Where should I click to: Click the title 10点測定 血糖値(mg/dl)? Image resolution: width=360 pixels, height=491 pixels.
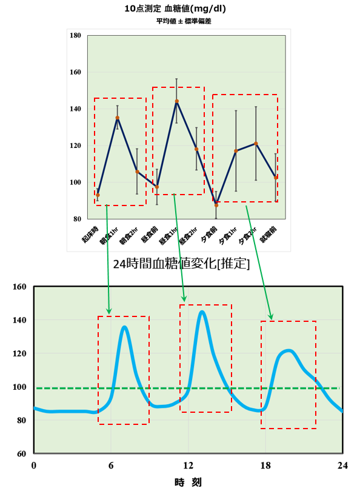(175, 8)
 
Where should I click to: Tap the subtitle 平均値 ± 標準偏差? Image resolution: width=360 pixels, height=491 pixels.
(184, 21)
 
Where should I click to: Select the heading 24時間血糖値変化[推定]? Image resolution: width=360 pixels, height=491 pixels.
(181, 264)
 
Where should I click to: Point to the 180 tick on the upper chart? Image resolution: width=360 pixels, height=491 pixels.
(75, 35)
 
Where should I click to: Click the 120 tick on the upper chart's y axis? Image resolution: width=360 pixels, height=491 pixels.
(75, 145)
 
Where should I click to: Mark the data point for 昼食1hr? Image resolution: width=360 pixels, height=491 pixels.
(177, 101)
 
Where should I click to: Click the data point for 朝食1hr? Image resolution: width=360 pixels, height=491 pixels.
(118, 118)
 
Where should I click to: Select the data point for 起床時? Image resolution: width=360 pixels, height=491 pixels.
(98, 195)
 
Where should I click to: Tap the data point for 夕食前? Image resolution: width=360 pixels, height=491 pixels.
(216, 205)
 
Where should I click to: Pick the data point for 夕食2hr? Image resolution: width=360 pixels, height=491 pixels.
(256, 144)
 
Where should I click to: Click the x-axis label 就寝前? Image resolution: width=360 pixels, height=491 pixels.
(269, 235)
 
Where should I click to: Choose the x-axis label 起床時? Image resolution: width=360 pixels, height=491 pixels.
(90, 235)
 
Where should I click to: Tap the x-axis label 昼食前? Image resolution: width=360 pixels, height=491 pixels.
(150, 235)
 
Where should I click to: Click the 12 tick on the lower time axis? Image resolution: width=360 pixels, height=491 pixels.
(188, 466)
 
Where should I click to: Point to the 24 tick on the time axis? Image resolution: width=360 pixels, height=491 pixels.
(342, 466)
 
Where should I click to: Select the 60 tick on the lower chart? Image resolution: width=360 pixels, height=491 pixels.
(22, 453)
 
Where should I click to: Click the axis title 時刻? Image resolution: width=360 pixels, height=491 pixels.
(188, 483)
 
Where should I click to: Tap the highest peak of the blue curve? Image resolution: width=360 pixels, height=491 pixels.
(202, 312)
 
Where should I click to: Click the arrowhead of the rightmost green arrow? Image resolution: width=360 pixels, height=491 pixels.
(271, 317)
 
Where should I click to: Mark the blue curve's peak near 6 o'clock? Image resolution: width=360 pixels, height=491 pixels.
(125, 327)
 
